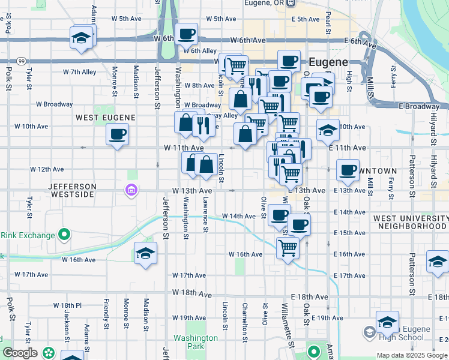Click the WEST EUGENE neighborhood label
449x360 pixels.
pos(106,118)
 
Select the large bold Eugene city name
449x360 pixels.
pos(328,62)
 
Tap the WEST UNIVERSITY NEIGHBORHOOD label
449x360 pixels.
pos(410,222)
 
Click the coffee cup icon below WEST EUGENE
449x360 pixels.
pos(118,133)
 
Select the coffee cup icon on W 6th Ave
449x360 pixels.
pos(186,34)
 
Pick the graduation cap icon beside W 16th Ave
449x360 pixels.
pos(145,254)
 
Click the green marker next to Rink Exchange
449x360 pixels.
pos(64,235)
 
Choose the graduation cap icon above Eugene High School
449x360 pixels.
pos(387,322)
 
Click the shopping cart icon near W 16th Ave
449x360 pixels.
pos(288,246)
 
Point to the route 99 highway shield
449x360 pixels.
pos(22,61)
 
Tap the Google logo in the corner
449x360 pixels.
pos(20,353)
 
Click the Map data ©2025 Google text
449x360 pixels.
pos(412,355)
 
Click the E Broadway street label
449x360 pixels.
pos(418,106)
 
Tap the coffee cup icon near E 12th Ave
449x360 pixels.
pos(348,170)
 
